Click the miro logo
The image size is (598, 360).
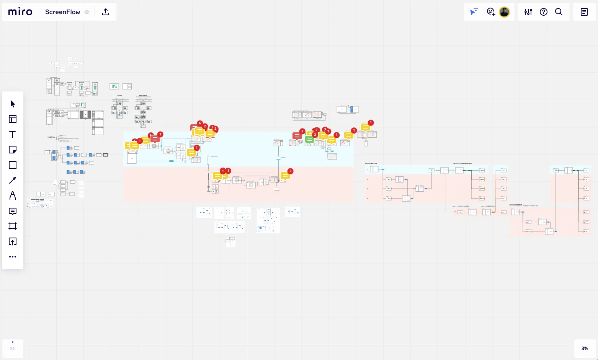[x=20, y=12]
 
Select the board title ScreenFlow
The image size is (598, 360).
[x=62, y=12]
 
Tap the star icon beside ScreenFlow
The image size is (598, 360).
[x=87, y=12]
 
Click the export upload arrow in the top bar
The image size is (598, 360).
[x=106, y=12]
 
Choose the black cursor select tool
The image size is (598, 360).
[x=13, y=104]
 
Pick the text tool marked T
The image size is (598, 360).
[x=13, y=134]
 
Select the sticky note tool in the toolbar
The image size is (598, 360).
[x=13, y=150]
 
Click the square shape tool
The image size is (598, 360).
[x=13, y=165]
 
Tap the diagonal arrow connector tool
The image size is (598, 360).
[x=13, y=180]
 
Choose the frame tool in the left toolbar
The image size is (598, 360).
[x=13, y=226]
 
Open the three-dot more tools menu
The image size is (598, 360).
[x=13, y=257]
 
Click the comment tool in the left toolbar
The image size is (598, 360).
[x=13, y=211]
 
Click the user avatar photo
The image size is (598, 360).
[x=505, y=12]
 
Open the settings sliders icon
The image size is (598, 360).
[x=528, y=12]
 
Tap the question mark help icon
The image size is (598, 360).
[x=544, y=12]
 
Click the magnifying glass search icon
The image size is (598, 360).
[x=559, y=12]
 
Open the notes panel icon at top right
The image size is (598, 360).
[x=584, y=12]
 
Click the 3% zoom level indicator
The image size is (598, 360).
[x=585, y=348]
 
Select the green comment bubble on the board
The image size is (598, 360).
[x=309, y=140]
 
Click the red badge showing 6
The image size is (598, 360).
[x=200, y=123]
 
